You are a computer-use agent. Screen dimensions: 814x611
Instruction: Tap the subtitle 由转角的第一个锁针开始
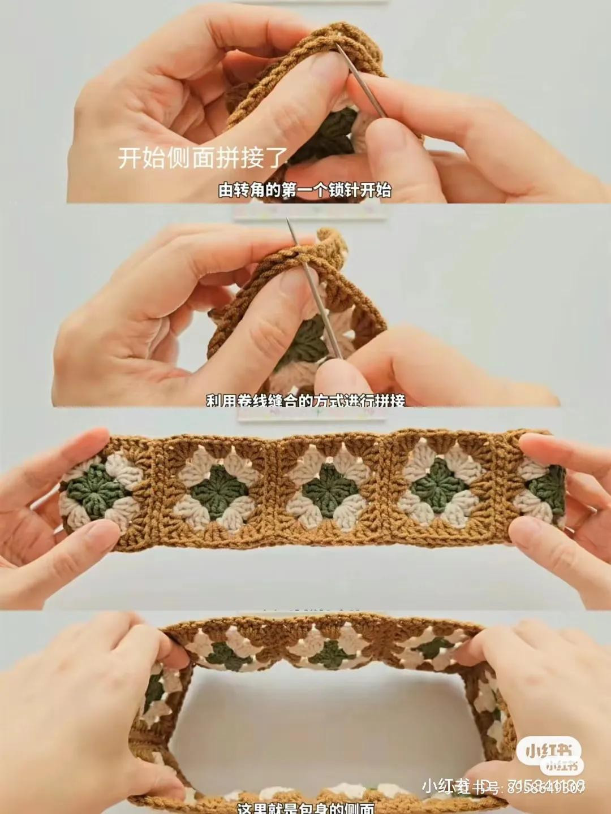(x=305, y=190)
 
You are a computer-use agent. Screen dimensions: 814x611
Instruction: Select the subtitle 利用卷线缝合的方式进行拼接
(x=305, y=401)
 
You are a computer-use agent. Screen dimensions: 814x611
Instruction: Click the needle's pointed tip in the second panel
(x=289, y=221)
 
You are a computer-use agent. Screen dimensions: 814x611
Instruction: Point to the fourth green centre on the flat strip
(x=438, y=485)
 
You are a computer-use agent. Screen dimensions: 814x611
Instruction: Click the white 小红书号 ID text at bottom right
(x=504, y=787)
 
